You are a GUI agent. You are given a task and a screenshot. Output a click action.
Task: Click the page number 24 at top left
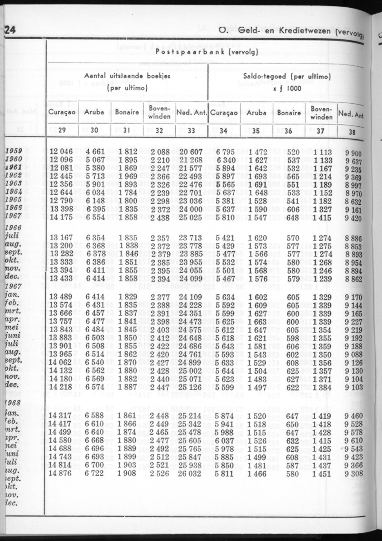coord(9,31)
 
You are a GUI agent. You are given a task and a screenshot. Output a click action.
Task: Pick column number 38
coord(352,133)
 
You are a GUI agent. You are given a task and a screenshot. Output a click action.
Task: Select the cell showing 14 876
coord(61,473)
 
